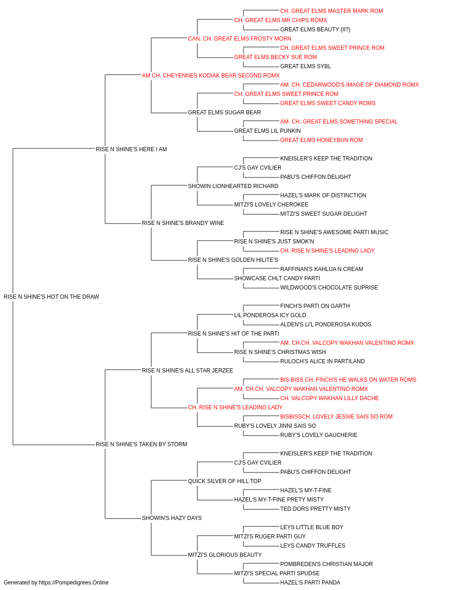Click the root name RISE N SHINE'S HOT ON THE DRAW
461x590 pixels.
tap(51, 297)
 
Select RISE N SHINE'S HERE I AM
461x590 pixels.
tap(131, 149)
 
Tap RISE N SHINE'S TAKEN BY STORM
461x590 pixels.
tap(141, 444)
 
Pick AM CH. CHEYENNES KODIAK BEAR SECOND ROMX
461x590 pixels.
tap(211, 76)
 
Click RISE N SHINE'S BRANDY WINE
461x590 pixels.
tap(183, 223)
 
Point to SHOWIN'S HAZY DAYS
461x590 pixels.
tap(171, 518)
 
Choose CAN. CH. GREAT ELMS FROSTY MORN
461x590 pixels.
tap(239, 39)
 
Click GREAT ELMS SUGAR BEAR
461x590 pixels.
tap(224, 112)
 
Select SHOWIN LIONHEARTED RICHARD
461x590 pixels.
tap(233, 186)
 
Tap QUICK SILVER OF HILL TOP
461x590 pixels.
tap(225, 481)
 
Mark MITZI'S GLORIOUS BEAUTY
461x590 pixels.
tap(225, 555)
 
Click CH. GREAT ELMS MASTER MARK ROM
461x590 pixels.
tap(331, 11)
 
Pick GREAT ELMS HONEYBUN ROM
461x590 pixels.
tap(321, 140)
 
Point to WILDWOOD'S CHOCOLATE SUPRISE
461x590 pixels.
tap(329, 288)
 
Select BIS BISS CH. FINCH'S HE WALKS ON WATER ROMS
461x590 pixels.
tap(348, 380)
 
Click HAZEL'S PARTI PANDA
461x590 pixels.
tap(310, 583)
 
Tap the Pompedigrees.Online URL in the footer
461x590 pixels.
tap(73, 583)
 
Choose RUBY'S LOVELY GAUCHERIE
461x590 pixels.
tap(319, 435)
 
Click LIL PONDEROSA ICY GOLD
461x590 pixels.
tap(270, 315)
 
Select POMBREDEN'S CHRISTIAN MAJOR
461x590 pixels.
tap(326, 564)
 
